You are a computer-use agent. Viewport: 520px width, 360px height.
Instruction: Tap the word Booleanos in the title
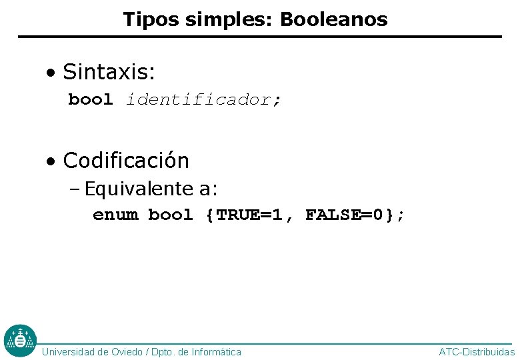[333, 19]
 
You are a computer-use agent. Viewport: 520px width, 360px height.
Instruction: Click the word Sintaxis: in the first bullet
[109, 71]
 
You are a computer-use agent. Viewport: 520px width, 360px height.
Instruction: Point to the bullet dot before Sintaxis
[51, 72]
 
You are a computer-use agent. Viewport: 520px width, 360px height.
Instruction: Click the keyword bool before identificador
[91, 100]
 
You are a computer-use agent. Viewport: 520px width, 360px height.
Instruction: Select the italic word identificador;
[204, 100]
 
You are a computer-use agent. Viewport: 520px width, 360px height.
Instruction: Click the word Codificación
[126, 161]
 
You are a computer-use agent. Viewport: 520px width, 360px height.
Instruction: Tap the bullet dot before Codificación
[51, 161]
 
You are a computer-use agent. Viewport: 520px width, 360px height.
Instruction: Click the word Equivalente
[139, 189]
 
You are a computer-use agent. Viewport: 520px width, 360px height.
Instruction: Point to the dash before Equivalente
[74, 190]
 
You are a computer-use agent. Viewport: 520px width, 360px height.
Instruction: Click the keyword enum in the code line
[115, 215]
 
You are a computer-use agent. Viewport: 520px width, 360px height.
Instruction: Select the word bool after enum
[170, 215]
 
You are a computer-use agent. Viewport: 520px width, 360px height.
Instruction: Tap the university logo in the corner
[20, 341]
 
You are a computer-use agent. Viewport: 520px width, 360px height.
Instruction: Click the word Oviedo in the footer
[126, 352]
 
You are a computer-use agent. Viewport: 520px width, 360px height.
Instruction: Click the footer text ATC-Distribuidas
[477, 352]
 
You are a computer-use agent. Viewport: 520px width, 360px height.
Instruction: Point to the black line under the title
[259, 36]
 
